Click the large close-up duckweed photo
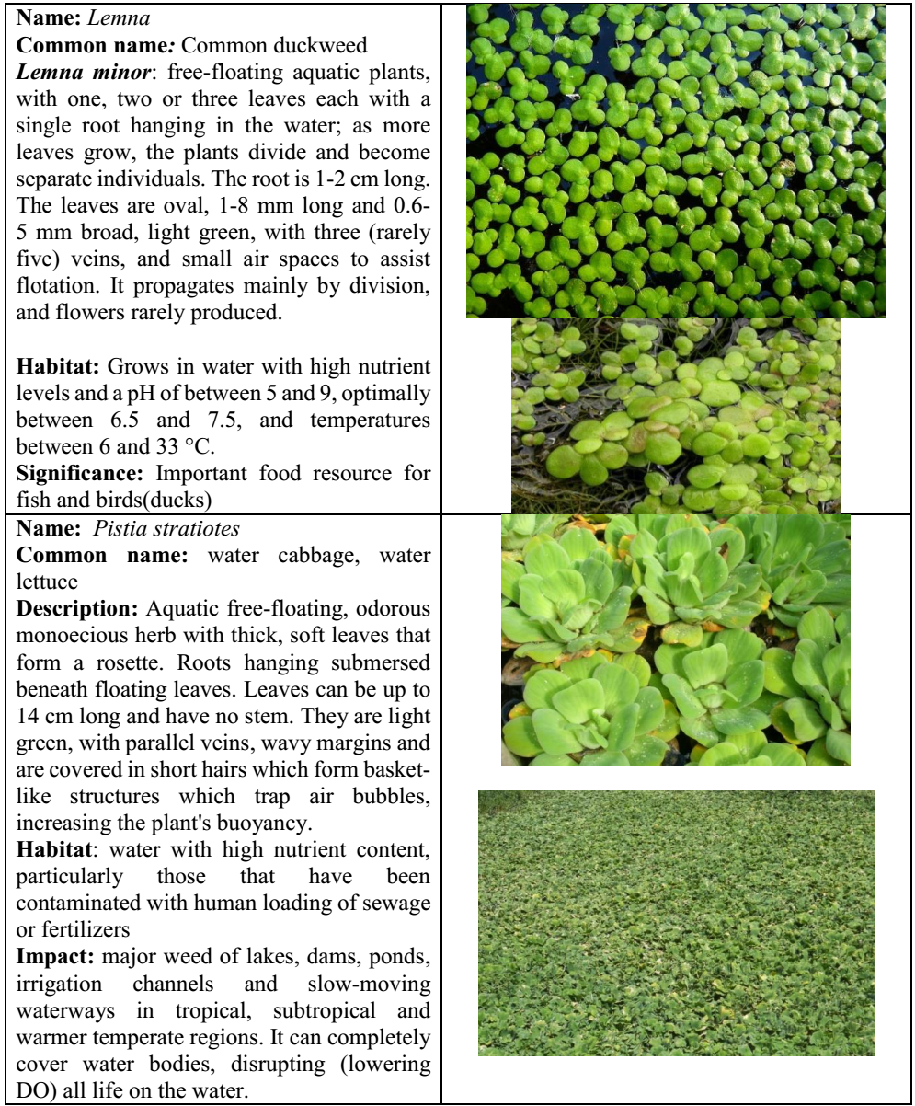[675, 161]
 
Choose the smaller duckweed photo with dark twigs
[675, 416]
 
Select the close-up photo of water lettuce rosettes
[675, 639]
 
